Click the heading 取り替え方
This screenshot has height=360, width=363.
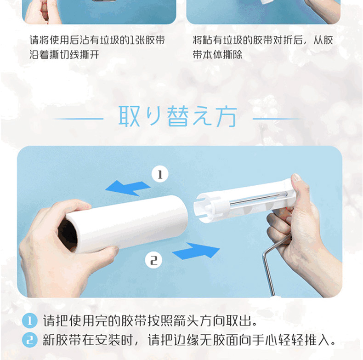click(x=178, y=116)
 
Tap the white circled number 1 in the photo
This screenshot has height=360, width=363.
click(x=160, y=174)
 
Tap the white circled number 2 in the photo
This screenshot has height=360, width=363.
click(x=154, y=260)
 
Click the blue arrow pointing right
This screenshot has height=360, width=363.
click(x=196, y=251)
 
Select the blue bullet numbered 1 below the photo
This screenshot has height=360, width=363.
click(x=29, y=320)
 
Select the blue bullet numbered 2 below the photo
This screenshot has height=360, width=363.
click(x=29, y=340)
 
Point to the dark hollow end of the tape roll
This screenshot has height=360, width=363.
click(x=68, y=235)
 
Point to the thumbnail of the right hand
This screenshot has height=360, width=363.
click(x=296, y=177)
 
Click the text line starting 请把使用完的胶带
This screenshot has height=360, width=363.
click(x=150, y=321)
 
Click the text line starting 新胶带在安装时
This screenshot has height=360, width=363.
click(x=189, y=340)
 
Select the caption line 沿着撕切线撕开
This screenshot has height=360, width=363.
click(x=64, y=55)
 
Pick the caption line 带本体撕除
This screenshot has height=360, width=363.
click(x=218, y=55)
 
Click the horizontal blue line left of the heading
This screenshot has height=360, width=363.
click(x=78, y=119)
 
